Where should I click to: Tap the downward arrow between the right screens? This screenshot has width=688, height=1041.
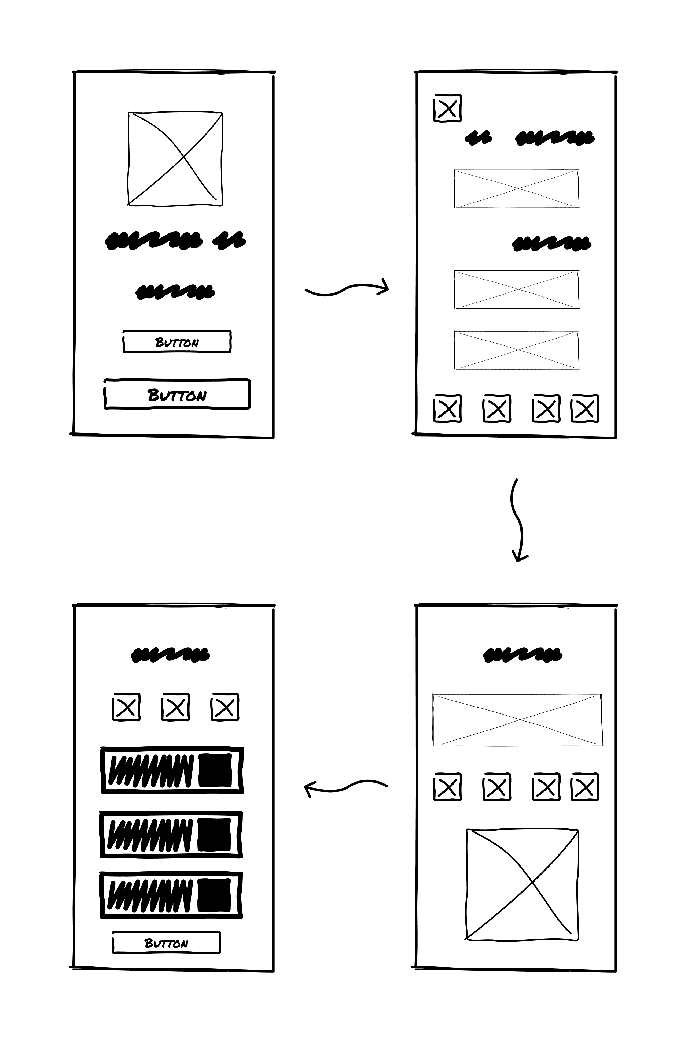point(518,519)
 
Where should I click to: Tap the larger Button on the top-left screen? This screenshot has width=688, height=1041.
point(177,394)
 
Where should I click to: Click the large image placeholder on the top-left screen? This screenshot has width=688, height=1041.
point(175,159)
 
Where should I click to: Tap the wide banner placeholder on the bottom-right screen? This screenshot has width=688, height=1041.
point(518,720)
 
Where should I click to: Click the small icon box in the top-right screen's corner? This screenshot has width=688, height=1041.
point(448,108)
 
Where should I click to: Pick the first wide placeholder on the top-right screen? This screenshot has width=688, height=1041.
point(516,188)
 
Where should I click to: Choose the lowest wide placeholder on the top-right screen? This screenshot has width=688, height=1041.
point(516,350)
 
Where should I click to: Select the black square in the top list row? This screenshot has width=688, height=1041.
point(215,770)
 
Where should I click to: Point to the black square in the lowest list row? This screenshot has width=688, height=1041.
point(214,895)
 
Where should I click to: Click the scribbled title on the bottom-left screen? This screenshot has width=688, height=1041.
point(170,655)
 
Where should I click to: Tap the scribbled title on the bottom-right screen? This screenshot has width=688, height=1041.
point(523,655)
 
